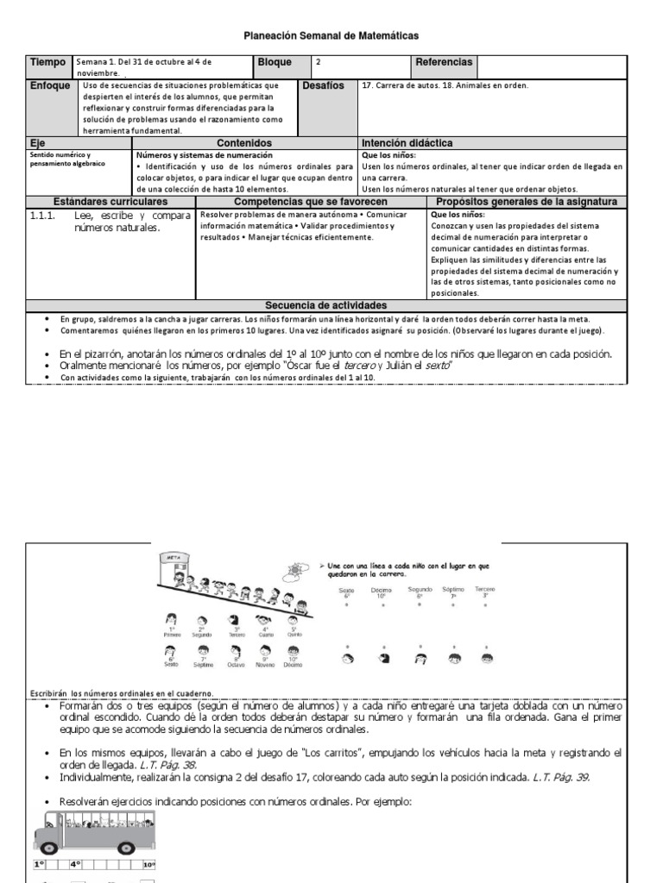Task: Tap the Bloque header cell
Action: pyautogui.click(x=275, y=63)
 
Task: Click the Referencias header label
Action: pyautogui.click(x=444, y=63)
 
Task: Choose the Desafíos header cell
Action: pyautogui.click(x=323, y=86)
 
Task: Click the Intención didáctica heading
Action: pyautogui.click(x=407, y=143)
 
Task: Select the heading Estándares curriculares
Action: pyautogui.click(x=110, y=201)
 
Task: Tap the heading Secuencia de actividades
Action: pyautogui.click(x=325, y=306)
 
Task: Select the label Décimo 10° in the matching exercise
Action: pyautogui.click(x=381, y=592)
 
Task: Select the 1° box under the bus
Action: pyautogui.click(x=39, y=864)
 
